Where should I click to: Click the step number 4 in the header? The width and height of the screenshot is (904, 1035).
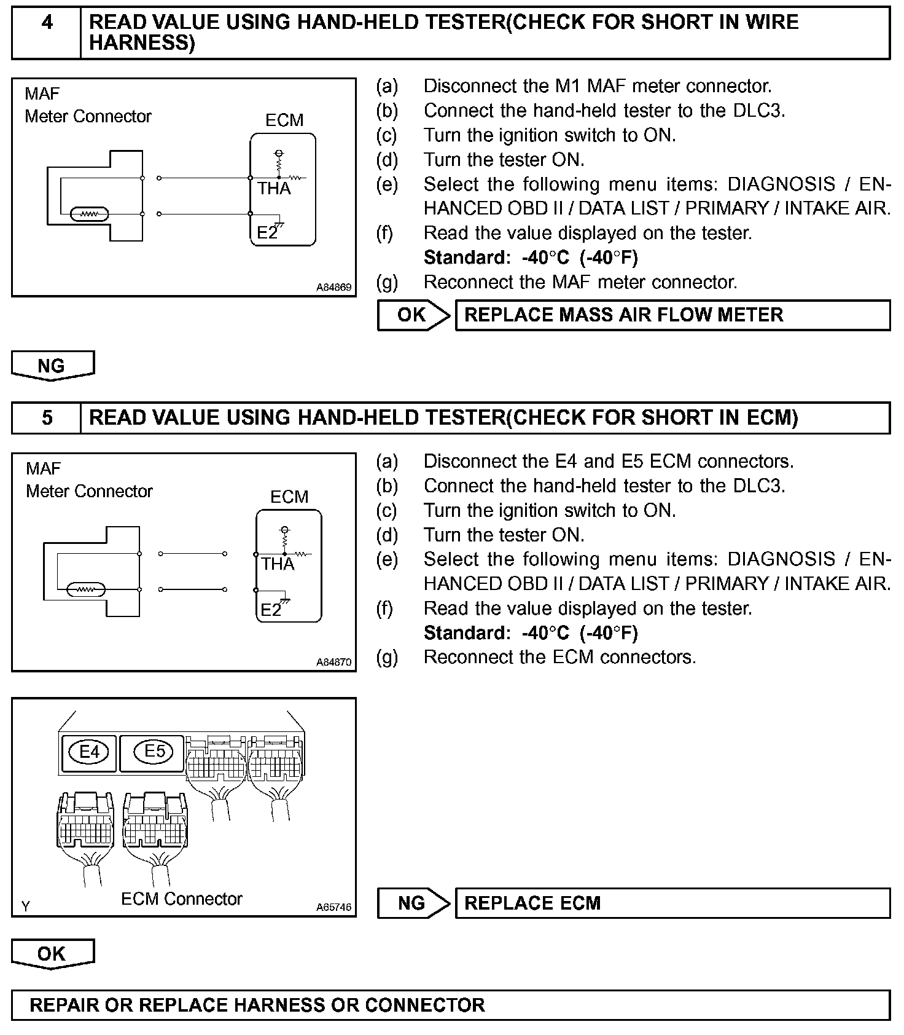[47, 23]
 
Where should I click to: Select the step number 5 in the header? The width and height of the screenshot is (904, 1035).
[47, 418]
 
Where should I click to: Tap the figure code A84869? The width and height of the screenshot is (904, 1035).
[334, 287]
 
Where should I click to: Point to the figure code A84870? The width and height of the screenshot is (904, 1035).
[334, 662]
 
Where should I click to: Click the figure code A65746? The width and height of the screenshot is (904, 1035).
[334, 907]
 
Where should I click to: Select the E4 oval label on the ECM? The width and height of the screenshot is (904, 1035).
[90, 752]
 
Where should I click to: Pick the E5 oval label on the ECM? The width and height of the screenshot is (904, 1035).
[154, 751]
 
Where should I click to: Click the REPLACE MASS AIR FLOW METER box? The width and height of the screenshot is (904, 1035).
[672, 315]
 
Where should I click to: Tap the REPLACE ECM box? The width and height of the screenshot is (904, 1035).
[672, 903]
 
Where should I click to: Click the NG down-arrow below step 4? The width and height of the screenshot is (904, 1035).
[52, 366]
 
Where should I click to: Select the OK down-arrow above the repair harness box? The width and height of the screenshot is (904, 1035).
[52, 953]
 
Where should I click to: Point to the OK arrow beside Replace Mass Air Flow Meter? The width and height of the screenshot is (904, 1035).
[413, 315]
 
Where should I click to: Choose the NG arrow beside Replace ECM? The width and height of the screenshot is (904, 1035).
[413, 903]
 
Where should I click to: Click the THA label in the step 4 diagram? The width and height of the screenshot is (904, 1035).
[274, 189]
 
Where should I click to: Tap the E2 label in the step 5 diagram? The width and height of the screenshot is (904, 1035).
[270, 610]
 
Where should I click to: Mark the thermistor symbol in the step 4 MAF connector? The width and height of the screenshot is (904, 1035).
[90, 214]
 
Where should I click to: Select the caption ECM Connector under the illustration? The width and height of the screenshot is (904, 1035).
[182, 899]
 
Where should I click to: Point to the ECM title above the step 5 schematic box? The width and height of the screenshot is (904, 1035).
[289, 497]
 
